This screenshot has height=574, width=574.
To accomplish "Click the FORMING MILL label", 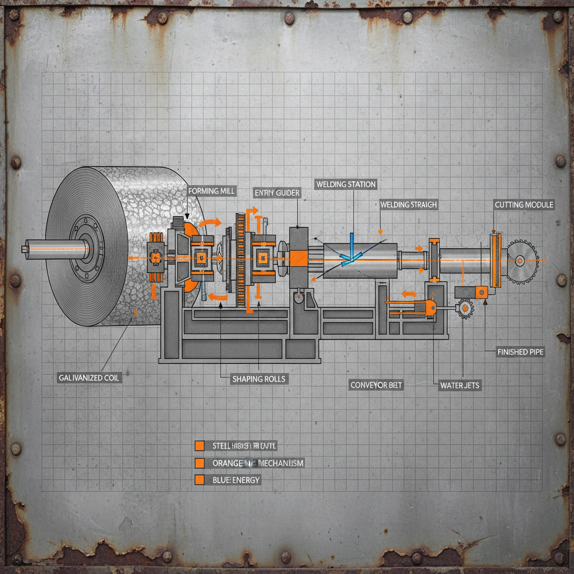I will tap(211, 191).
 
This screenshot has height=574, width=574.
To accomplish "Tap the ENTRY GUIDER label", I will tap(277, 193).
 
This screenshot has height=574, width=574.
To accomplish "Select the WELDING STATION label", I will tap(346, 184).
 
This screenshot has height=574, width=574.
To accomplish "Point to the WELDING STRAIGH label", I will tap(408, 205).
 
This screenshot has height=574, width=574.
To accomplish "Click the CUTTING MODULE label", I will tap(524, 205).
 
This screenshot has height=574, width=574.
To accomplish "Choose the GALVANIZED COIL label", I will tap(89, 378).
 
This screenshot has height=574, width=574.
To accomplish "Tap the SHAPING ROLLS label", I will tap(258, 379).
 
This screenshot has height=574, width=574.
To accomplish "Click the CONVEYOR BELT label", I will tap(376, 385).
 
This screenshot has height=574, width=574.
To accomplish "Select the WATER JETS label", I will tap(460, 385).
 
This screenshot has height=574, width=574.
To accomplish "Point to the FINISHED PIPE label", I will tap(520, 352).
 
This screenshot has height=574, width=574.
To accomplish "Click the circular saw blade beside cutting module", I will tap(522, 260).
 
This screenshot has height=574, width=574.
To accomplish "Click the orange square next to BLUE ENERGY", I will tap(198, 480).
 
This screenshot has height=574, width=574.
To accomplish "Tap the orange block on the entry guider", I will tap(298, 258).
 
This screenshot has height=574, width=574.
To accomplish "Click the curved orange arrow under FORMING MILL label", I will tap(210, 223).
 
